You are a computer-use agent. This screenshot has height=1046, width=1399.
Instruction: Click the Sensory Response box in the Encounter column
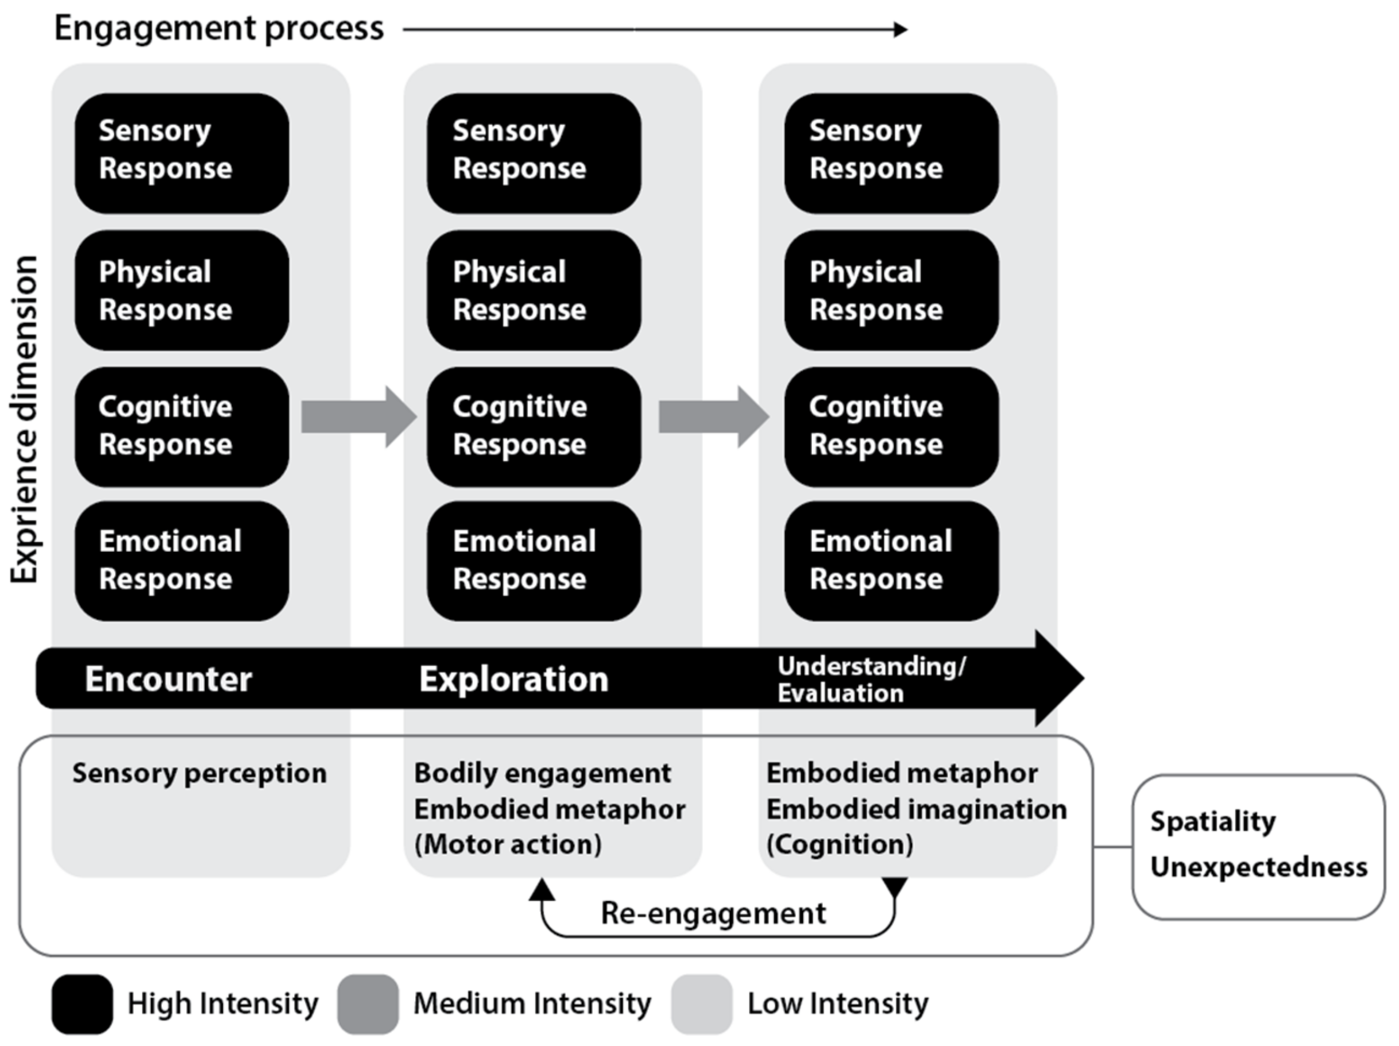[x=181, y=152]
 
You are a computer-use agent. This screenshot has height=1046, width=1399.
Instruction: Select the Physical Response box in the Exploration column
[x=533, y=290]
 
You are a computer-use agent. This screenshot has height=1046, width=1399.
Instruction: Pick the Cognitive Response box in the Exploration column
[x=533, y=426]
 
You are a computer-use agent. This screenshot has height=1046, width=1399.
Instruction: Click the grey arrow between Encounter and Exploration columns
[x=358, y=418]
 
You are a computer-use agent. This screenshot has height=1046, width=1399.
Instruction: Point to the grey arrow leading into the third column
[x=713, y=418]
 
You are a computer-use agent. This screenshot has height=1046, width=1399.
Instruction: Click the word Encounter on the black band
[x=168, y=679]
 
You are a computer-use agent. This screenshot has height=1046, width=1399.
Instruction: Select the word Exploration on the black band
[x=513, y=679]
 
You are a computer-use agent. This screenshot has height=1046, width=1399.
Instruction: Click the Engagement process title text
[x=219, y=29]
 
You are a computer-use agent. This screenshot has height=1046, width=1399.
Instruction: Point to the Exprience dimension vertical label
[x=25, y=419]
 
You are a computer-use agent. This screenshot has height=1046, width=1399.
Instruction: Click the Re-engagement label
[x=713, y=913]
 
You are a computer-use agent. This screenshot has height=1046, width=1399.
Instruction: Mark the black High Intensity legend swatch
[x=82, y=1003]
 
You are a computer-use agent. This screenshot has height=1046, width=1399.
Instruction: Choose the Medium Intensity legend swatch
[x=368, y=1003]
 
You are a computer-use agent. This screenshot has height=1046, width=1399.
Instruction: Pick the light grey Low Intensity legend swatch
[x=701, y=1003]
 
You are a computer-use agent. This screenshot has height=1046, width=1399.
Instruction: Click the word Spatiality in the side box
[x=1212, y=821]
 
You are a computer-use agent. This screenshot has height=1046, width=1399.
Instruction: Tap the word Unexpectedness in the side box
[x=1258, y=867]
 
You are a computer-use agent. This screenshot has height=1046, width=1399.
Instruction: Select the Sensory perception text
[x=199, y=773]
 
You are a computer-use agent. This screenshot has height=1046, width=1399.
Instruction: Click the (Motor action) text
[x=508, y=844]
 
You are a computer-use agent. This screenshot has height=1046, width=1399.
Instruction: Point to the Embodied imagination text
[x=916, y=809]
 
